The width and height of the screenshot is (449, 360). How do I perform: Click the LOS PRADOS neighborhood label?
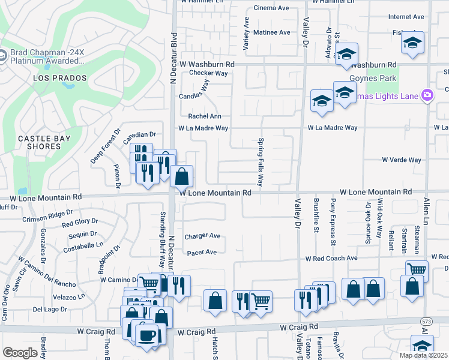[x=60, y=79]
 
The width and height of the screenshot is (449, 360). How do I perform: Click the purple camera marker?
[x=427, y=95]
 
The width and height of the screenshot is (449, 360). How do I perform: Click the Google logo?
[x=20, y=353]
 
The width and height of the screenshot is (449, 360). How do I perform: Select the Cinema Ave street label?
[x=271, y=8]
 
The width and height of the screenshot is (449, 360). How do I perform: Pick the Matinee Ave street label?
[x=271, y=32]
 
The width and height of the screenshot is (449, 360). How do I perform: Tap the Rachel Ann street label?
[x=205, y=116]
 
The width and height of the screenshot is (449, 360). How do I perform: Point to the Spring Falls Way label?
[x=261, y=163]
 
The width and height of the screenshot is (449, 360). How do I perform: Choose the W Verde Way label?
[x=402, y=160]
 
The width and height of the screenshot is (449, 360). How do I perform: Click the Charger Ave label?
[x=202, y=236]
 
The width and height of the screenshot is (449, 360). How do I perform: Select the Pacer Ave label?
[x=202, y=253]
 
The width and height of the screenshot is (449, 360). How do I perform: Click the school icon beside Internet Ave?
[x=412, y=43]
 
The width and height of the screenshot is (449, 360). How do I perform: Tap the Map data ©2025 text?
[x=424, y=355]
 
